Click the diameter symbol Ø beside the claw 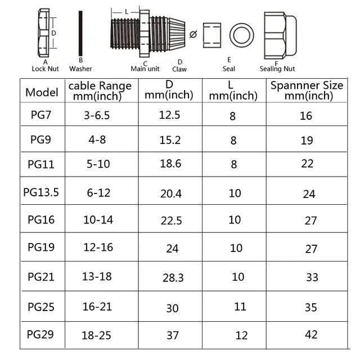(x=193, y=35)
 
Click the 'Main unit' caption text (x=145, y=69)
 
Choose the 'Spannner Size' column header (x=307, y=91)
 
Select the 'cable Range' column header (x=100, y=91)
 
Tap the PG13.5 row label (x=41, y=192)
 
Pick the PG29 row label (x=40, y=334)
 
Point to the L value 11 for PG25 (x=240, y=307)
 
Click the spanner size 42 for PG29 (x=311, y=334)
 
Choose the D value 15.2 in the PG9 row (x=170, y=140)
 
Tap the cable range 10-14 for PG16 (x=98, y=219)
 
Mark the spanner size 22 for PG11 (x=307, y=164)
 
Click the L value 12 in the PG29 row (x=241, y=335)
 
